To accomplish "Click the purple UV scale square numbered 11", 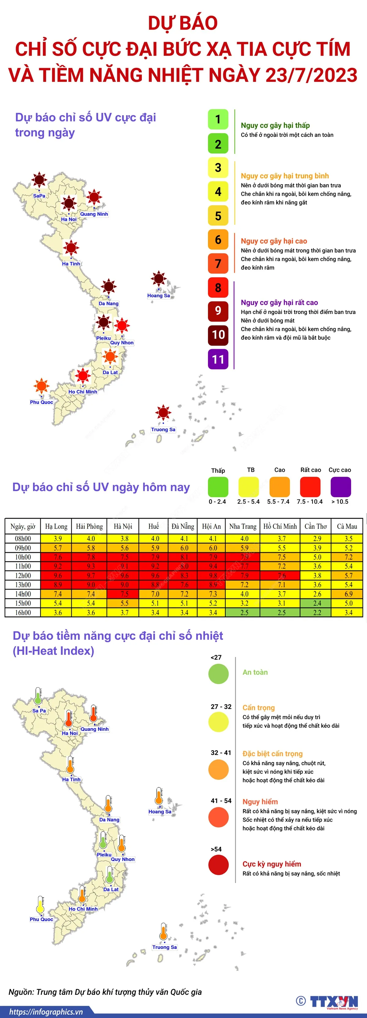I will (x=218, y=359).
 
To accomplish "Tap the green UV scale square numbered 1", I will (x=218, y=119).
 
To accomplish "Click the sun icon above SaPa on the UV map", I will (x=39, y=180).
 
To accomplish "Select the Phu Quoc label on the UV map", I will (x=42, y=402).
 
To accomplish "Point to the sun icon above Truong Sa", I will (x=163, y=413).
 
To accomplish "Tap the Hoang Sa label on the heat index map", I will (x=160, y=811).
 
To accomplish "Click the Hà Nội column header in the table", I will (x=123, y=526).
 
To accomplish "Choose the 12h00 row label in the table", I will (x=23, y=575).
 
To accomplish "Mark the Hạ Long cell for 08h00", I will (x=58, y=539).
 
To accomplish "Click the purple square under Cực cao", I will (x=340, y=487).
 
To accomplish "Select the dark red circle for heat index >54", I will (x=219, y=865).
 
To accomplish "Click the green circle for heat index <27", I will (x=219, y=674).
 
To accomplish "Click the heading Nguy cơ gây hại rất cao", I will (x=279, y=303).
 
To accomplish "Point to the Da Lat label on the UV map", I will (x=110, y=372).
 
